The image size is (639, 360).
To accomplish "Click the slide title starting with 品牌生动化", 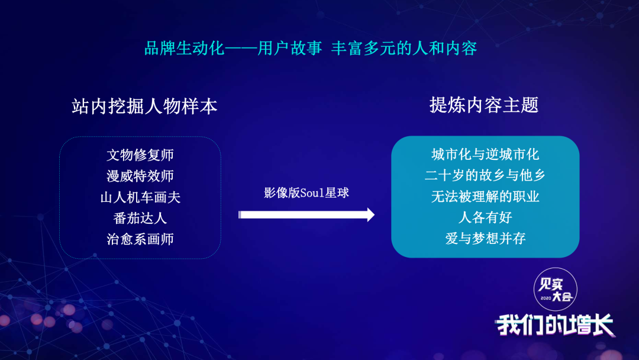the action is (311, 48).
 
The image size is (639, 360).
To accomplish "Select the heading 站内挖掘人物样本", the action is (145, 107).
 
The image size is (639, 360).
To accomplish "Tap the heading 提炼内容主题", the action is (484, 105).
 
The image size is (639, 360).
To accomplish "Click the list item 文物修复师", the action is (140, 155).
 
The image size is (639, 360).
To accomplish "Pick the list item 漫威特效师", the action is (140, 176).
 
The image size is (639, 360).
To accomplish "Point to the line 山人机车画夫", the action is (140, 197).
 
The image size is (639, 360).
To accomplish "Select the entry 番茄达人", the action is (140, 218).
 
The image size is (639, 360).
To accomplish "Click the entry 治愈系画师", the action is (140, 239).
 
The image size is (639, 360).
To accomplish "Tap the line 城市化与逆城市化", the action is (485, 155).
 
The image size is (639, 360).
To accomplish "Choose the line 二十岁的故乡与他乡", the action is (485, 175).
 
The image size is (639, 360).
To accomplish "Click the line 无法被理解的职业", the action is (485, 197).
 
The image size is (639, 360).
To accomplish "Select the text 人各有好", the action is (485, 217).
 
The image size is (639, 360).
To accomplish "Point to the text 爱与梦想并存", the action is (485, 238).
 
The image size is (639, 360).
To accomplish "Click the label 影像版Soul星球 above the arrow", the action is (306, 193).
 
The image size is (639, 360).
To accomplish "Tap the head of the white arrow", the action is (370, 215).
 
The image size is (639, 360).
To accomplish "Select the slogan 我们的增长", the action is (555, 324).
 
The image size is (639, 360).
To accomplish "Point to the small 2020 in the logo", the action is (546, 298).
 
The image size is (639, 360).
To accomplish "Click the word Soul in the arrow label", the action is (312, 193).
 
